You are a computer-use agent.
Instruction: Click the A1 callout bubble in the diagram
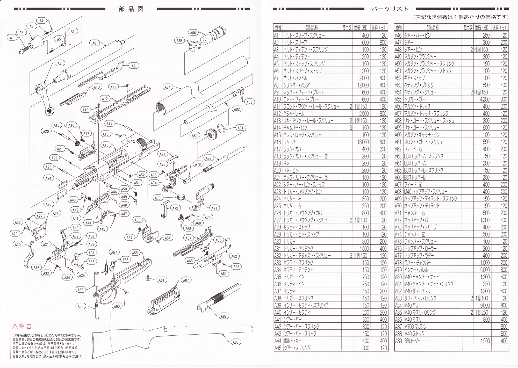coord(12,38)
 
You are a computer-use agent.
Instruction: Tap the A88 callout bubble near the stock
coord(235,342)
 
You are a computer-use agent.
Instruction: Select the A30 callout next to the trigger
coord(18,244)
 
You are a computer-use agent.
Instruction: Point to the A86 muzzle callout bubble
coord(193,33)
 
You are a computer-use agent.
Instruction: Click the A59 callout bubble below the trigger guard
coord(81,306)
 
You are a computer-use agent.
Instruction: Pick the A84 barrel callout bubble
coord(168,87)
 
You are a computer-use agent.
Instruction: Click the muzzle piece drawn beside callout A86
coord(214,35)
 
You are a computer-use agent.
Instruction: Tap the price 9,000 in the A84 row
coord(485,305)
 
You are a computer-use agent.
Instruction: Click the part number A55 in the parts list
coord(398,99)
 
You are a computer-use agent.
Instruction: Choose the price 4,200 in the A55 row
coord(485,99)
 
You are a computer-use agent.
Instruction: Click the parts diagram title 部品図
coord(131,9)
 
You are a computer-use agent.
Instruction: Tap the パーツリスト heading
coord(390,9)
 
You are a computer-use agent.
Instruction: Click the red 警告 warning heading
coord(25,326)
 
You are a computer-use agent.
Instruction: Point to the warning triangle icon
coord(15,326)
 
